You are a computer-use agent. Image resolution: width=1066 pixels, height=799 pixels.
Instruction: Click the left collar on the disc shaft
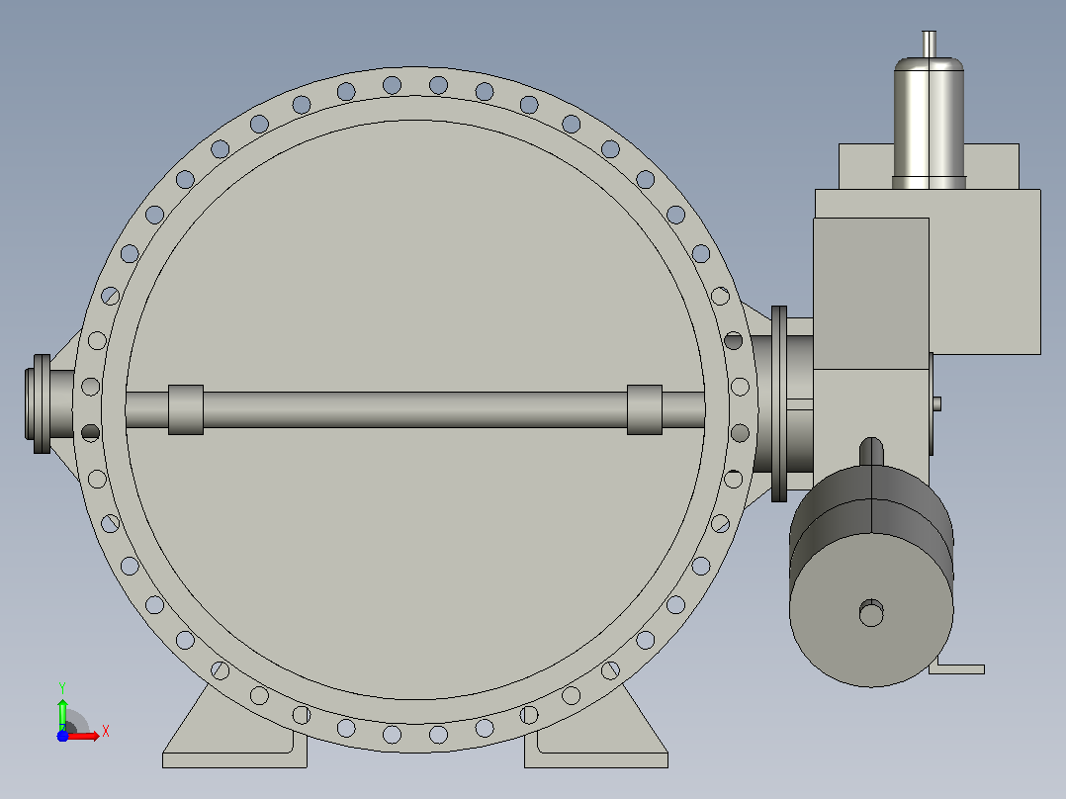pyautogui.click(x=186, y=409)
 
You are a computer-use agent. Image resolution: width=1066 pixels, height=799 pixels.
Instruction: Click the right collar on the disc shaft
pyautogui.click(x=645, y=409)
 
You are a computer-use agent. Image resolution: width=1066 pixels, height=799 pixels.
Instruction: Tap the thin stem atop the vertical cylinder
pyautogui.click(x=929, y=44)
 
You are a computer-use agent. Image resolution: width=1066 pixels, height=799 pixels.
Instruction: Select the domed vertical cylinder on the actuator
pyautogui.click(x=929, y=123)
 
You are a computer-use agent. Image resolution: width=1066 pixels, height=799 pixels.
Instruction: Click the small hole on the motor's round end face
pyautogui.click(x=871, y=613)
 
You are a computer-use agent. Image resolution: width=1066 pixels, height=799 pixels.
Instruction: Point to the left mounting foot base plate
pyautogui.click(x=234, y=759)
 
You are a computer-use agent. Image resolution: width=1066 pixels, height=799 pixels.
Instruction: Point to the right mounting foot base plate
pyautogui.click(x=596, y=759)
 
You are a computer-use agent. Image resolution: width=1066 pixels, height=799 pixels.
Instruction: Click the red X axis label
pyautogui.click(x=106, y=732)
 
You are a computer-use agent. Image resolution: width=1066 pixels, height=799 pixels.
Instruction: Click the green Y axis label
pyautogui.click(x=62, y=687)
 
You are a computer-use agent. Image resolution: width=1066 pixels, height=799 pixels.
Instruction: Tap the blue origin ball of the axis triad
pyautogui.click(x=62, y=736)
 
